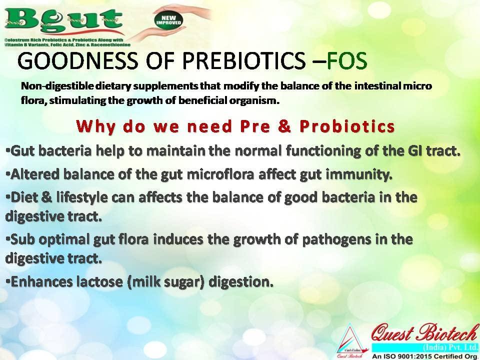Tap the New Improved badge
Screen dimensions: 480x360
[168, 21]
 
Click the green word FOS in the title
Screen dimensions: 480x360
[347, 60]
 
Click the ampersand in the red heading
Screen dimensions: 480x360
[284, 126]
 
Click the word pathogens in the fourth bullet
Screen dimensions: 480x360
[336, 239]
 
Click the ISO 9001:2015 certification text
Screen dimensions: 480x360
[425, 356]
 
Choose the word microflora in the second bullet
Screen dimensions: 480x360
[220, 174]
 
